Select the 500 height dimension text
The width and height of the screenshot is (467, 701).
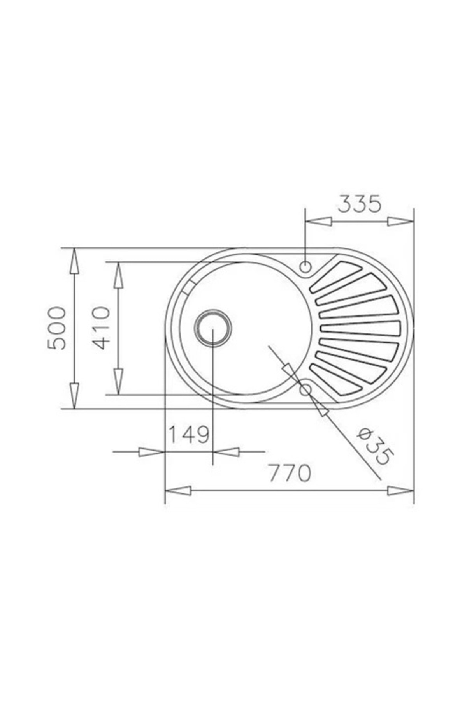pyautogui.click(x=57, y=328)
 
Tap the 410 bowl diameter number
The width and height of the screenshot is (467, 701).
pyautogui.click(x=102, y=328)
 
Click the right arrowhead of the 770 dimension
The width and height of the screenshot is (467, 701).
pyautogui.click(x=401, y=491)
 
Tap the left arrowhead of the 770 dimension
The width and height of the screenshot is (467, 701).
pyautogui.click(x=178, y=491)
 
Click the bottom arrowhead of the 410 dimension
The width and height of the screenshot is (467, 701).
pyautogui.click(x=118, y=381)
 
